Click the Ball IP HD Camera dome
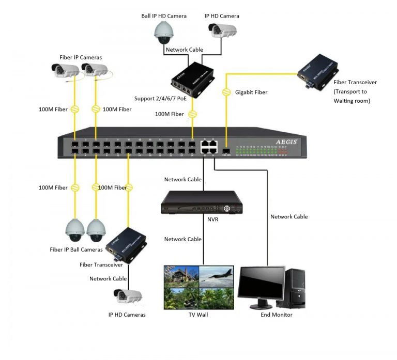165,33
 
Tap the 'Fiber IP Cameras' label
80,57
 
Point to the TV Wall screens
198,287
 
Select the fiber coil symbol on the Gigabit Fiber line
226,93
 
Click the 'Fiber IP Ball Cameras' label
76,249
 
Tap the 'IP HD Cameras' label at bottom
127,315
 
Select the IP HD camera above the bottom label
128,296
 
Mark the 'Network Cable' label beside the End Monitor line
289,217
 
